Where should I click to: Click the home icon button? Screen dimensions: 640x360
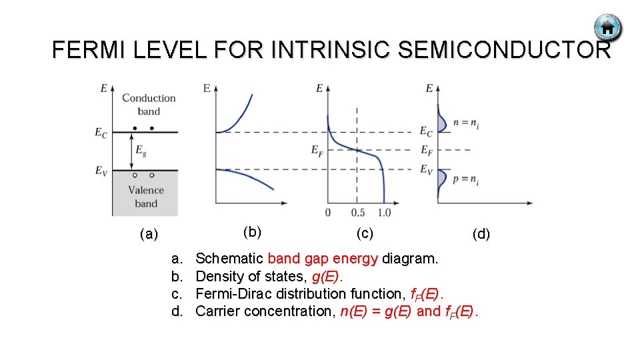point(607,28)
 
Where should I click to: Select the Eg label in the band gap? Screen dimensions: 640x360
point(141,151)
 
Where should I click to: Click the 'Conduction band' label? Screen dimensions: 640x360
point(149,105)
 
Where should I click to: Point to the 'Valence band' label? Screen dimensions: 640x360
point(146,197)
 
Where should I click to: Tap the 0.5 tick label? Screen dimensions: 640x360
point(358,213)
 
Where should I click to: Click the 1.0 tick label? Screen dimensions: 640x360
point(384,213)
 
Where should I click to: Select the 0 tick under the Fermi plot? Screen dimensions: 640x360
point(327,213)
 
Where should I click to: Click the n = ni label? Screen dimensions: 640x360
point(466,122)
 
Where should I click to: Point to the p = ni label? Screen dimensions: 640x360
point(466,179)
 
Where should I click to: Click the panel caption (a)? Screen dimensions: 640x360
point(149,234)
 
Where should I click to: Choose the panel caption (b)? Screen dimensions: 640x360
point(252,232)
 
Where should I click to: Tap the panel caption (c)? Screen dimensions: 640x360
point(364,233)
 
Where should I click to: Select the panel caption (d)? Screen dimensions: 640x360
point(481,234)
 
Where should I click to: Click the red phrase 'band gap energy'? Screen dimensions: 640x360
point(323,259)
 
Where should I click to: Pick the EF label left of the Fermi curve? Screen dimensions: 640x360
point(317,151)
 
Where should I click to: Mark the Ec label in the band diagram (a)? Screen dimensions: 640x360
point(101,133)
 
